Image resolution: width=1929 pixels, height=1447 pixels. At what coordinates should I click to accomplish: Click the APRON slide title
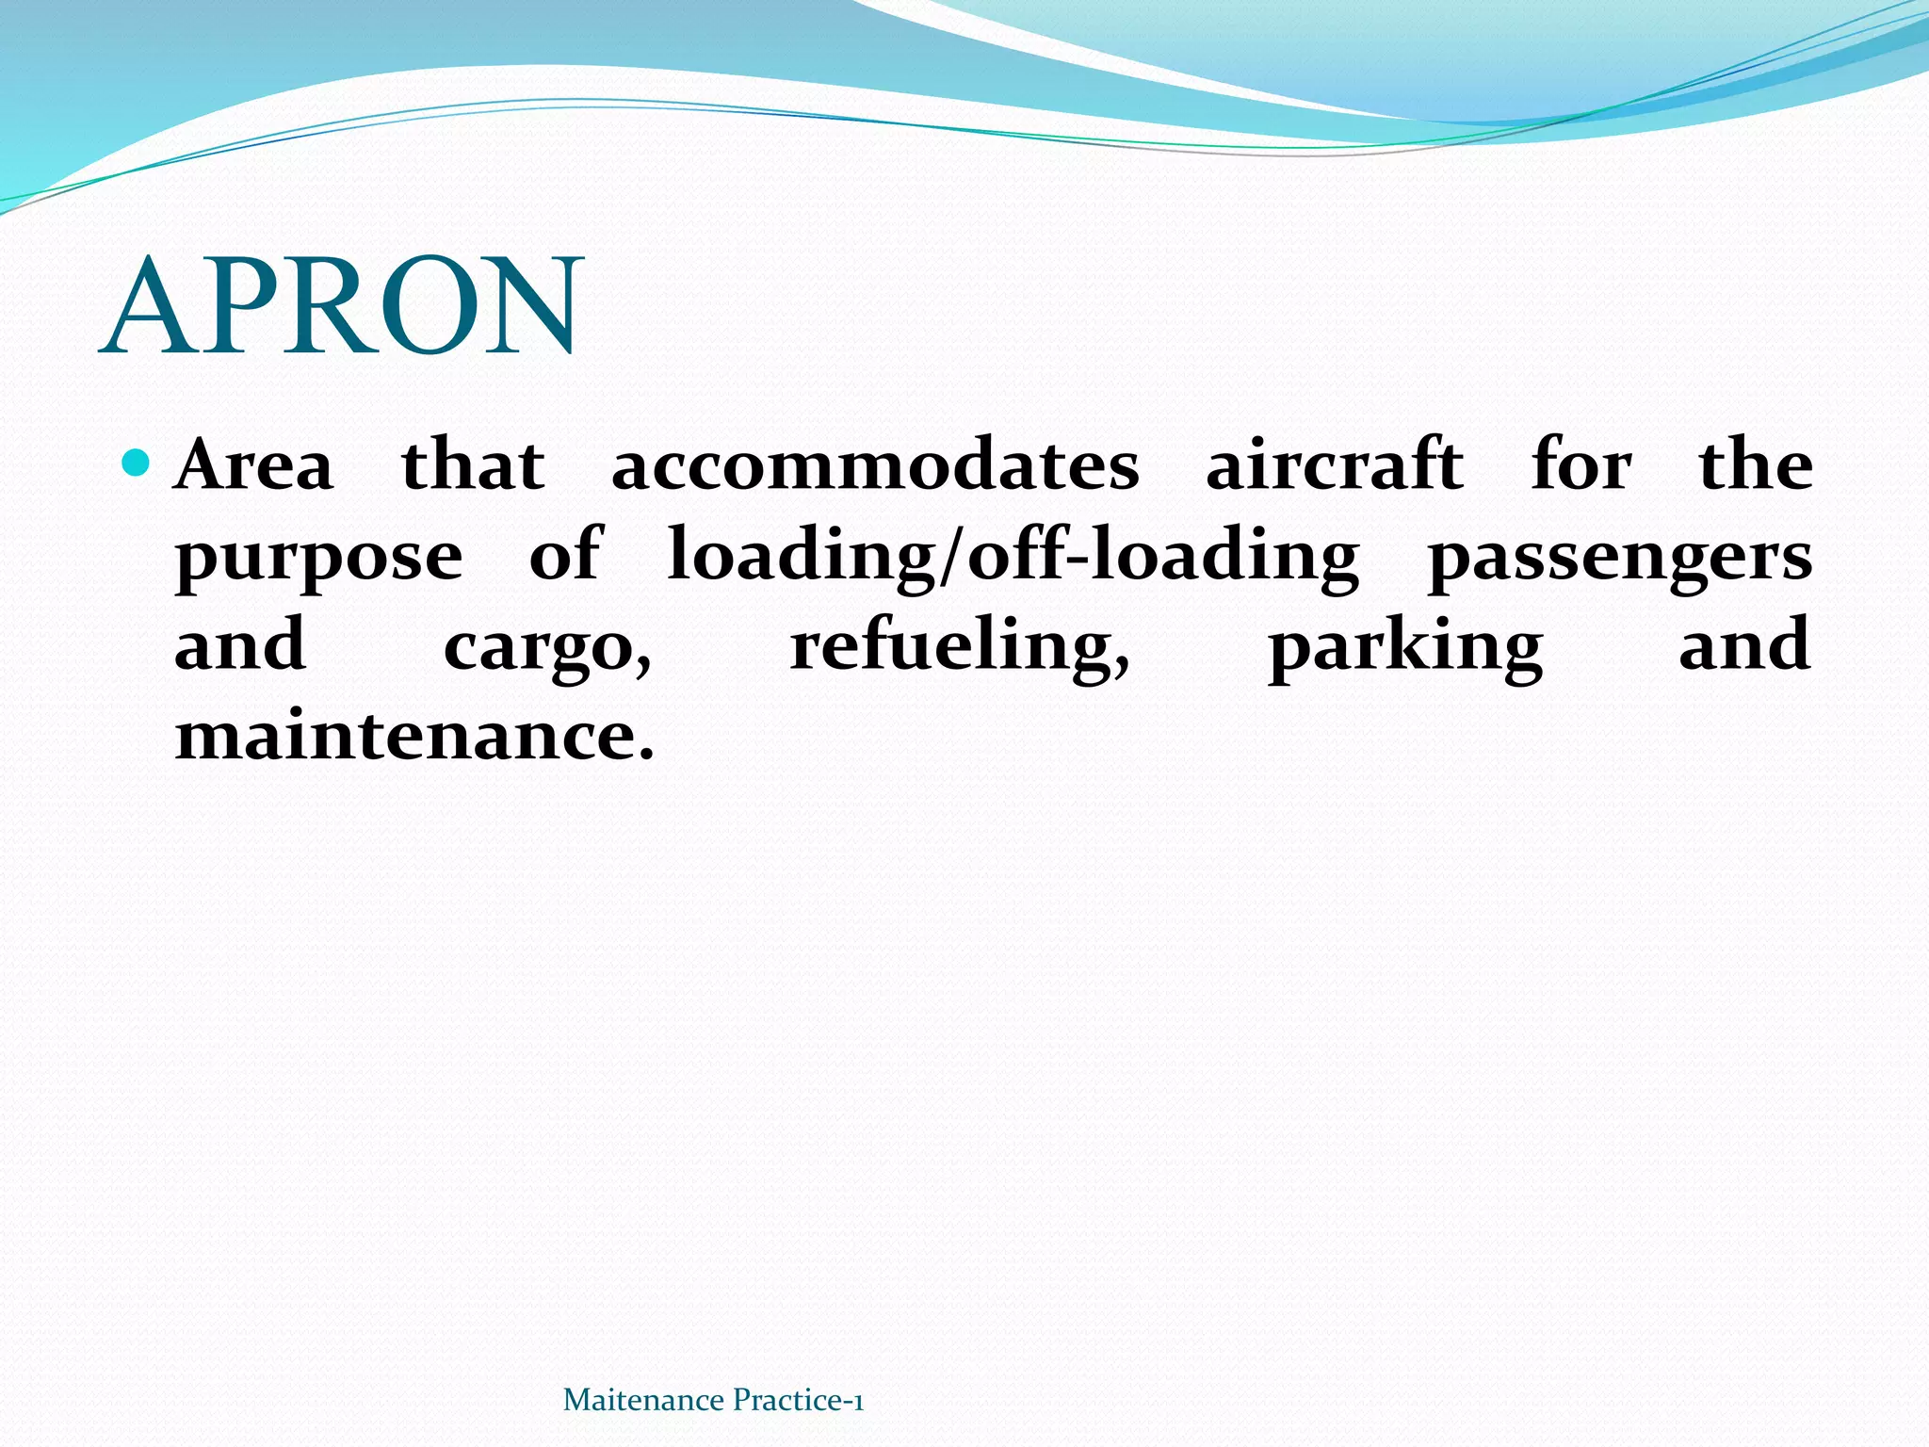coord(342,306)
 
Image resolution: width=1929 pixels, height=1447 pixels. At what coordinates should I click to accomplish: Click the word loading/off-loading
coord(1013,556)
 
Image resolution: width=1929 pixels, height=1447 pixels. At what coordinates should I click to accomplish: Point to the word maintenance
coord(414,737)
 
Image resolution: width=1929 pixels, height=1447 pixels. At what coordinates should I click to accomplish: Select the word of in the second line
coord(564,556)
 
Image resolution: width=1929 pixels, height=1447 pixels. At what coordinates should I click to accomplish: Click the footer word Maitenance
coord(643,1401)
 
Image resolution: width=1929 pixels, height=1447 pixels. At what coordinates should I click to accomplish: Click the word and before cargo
coord(240,646)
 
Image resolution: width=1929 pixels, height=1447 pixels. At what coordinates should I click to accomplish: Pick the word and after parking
coord(1744,646)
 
